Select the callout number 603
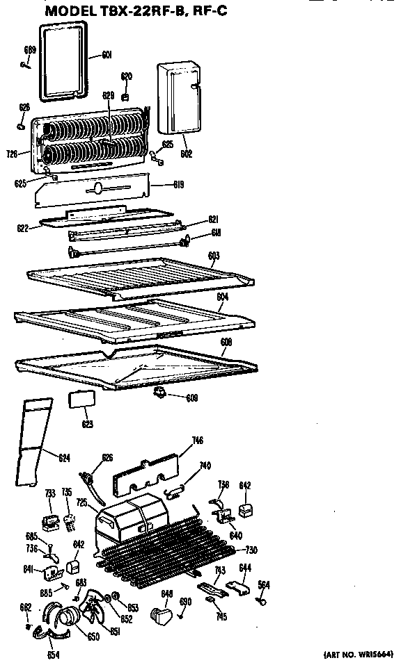tap(214, 256)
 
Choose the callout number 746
tap(198, 440)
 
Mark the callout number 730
tap(250, 550)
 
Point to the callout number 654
tap(54, 655)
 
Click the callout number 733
tap(50, 494)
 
